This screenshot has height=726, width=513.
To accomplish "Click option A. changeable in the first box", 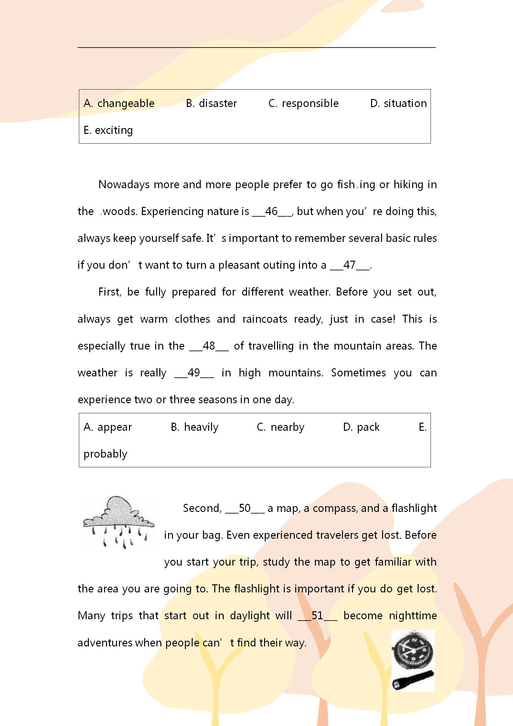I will (x=119, y=103).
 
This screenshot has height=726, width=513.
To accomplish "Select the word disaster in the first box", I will (x=218, y=103).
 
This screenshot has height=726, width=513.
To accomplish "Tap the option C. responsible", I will (x=304, y=103).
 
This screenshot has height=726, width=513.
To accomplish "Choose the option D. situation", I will (x=398, y=103).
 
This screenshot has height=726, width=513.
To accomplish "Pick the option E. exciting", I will (x=108, y=130).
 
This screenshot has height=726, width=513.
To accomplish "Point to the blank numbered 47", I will (x=349, y=265).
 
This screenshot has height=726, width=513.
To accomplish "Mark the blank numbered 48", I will (x=209, y=346).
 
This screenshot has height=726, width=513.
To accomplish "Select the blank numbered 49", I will (x=194, y=373).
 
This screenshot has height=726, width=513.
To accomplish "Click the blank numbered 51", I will (x=317, y=616).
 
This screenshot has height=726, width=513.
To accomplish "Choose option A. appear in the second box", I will (x=108, y=427).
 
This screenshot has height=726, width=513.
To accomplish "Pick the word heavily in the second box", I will (x=201, y=427).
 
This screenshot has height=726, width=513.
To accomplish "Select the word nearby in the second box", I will (x=287, y=427).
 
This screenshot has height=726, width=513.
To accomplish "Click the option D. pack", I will (x=361, y=427).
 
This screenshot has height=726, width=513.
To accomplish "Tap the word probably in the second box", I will (x=105, y=454).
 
